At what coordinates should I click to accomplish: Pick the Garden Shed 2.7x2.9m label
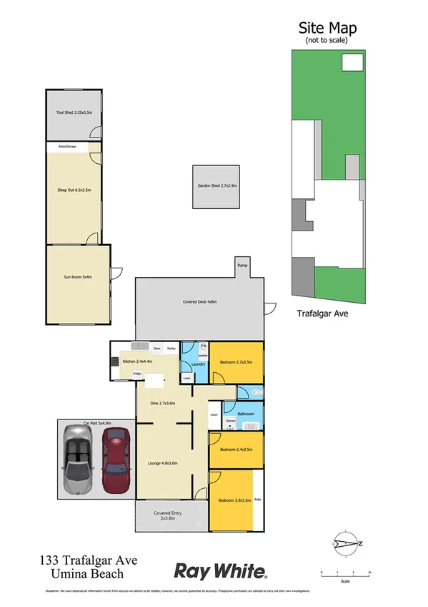(x=217, y=187)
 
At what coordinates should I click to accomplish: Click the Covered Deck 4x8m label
(x=199, y=302)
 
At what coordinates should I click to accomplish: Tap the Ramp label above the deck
(x=242, y=266)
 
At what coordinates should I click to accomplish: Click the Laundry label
(x=199, y=364)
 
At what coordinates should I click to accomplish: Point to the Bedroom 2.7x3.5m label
(x=237, y=362)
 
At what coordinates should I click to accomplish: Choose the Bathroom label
(x=247, y=413)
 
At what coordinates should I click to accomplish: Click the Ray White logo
(x=222, y=570)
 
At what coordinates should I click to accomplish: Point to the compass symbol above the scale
(x=345, y=543)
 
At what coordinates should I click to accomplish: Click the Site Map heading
(x=327, y=28)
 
